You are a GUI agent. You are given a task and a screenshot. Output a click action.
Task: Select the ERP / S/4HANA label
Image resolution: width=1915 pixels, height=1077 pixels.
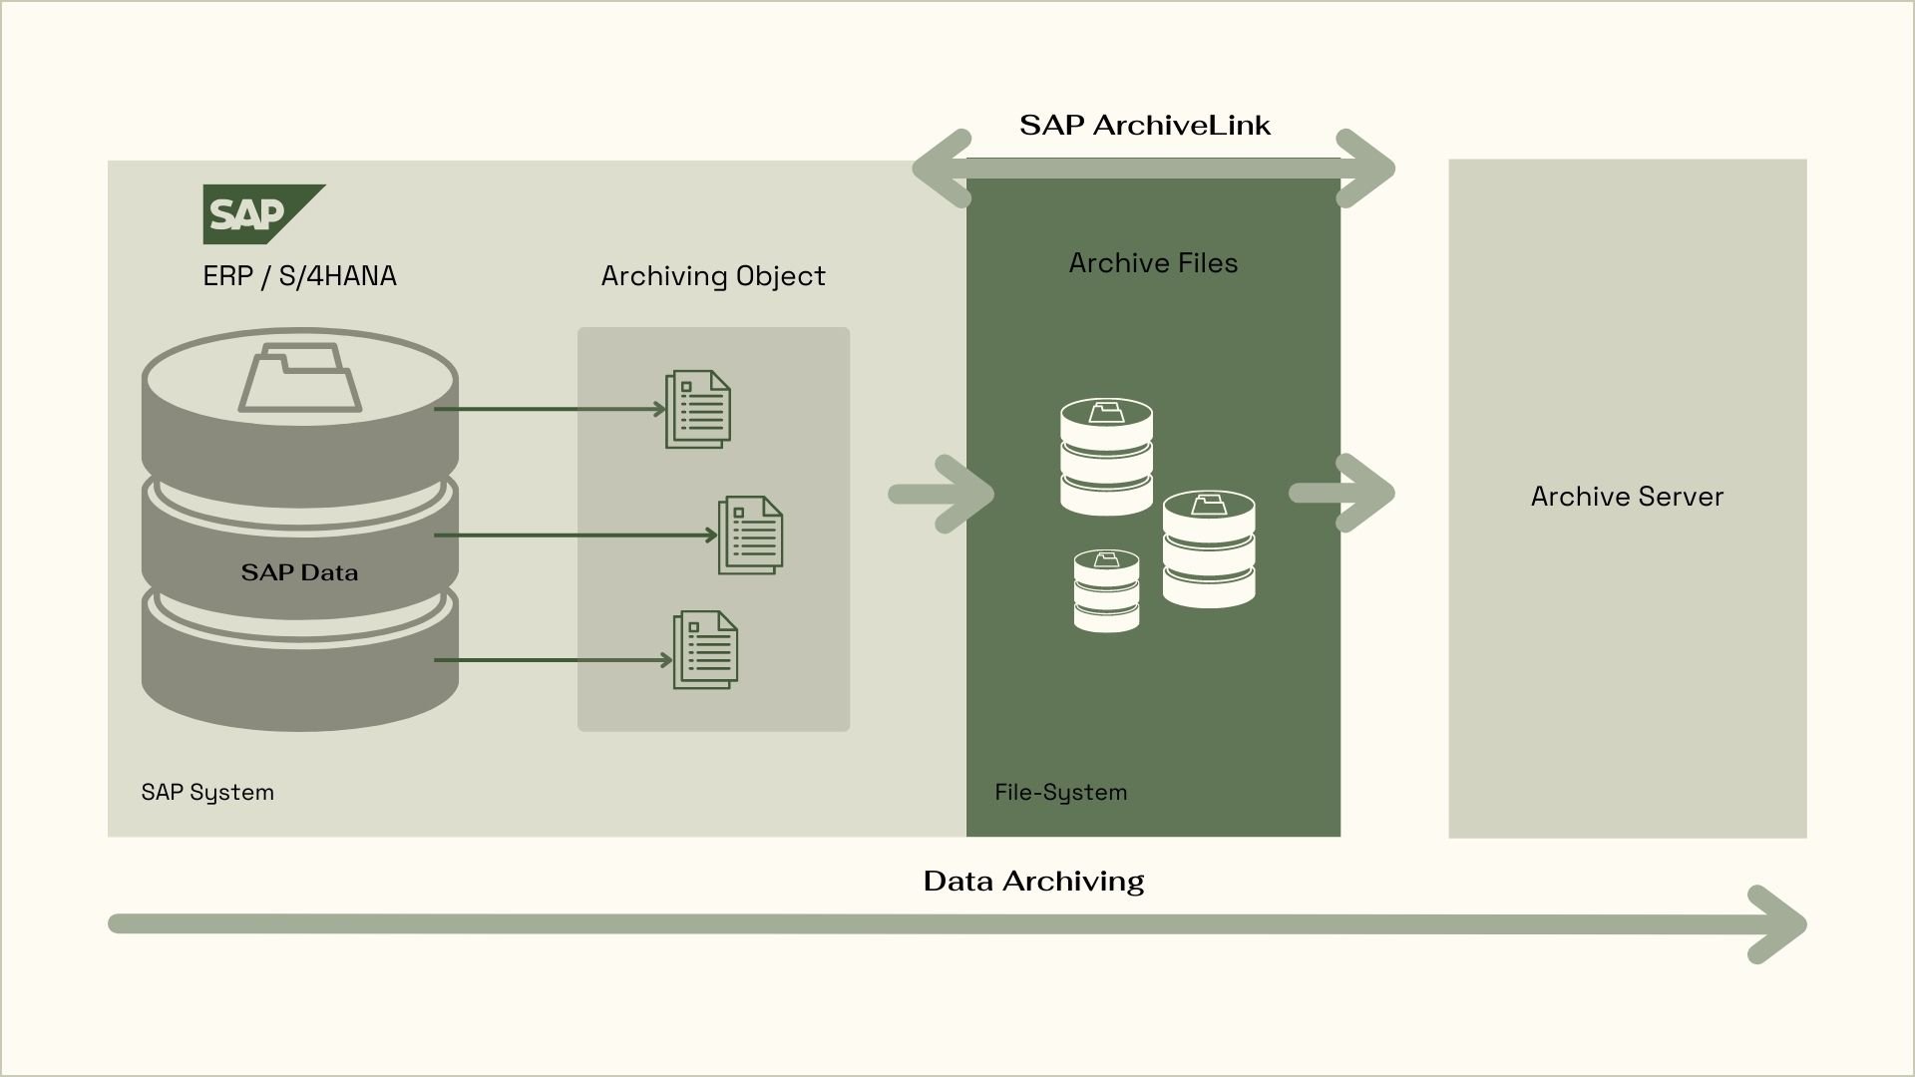tap(299, 276)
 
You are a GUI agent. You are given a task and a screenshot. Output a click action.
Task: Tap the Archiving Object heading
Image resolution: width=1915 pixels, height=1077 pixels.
tap(713, 276)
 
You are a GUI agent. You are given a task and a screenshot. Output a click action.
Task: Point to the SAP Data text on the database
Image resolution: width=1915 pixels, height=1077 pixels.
tap(299, 572)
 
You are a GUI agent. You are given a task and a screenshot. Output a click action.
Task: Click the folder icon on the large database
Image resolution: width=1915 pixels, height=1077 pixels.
tap(299, 378)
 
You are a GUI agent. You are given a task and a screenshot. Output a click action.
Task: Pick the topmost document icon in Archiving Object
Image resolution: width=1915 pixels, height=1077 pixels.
tap(698, 409)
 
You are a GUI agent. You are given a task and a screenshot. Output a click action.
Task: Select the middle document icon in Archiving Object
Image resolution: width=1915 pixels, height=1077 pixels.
tap(750, 536)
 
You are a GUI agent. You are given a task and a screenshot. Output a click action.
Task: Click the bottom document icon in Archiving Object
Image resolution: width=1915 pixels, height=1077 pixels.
tap(705, 649)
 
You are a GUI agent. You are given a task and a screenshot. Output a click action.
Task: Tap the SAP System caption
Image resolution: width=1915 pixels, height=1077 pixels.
tap(207, 793)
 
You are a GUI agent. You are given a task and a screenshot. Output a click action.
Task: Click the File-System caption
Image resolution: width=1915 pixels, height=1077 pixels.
tap(1061, 793)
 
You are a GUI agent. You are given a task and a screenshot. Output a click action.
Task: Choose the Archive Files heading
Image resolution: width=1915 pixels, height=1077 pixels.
tap(1153, 263)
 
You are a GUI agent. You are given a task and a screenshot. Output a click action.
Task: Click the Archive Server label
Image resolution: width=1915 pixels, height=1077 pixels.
tap(1627, 497)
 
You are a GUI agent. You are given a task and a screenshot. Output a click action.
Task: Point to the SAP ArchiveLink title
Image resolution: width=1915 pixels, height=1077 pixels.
tap(1145, 125)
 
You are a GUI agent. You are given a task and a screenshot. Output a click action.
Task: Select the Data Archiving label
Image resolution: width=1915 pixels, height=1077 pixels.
tap(1033, 881)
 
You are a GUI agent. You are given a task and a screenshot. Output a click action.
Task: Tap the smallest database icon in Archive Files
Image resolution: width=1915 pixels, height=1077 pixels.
tap(1106, 590)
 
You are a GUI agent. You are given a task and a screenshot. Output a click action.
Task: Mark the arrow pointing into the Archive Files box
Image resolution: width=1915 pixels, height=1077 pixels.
tap(942, 494)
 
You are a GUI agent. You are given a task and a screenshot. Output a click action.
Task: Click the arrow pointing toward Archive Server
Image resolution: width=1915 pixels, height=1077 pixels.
tap(1342, 493)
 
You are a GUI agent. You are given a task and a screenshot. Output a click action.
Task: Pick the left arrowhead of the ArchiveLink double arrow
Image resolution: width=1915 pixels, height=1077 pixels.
tap(942, 169)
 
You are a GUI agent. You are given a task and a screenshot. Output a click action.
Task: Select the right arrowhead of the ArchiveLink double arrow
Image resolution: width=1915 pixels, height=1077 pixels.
tap(1366, 169)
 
